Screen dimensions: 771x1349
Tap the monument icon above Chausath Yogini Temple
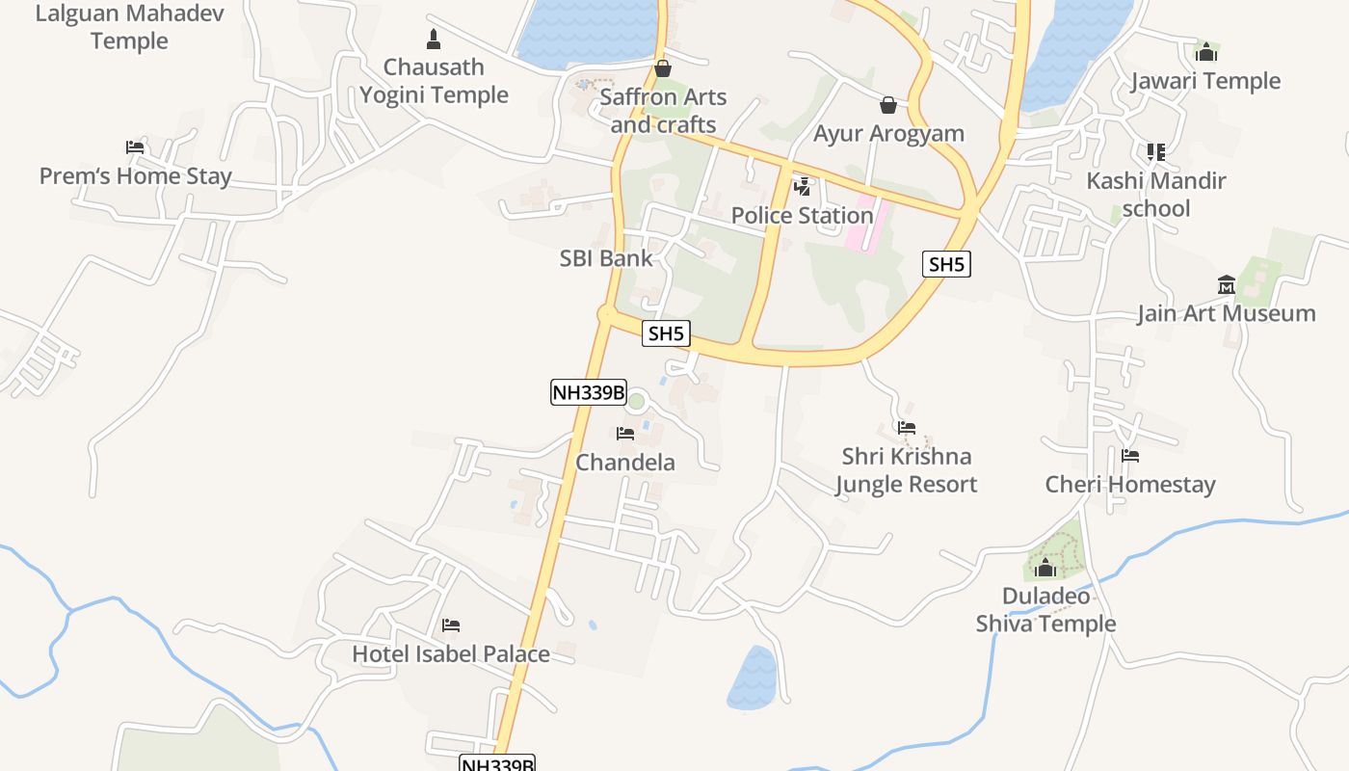coord(433,40)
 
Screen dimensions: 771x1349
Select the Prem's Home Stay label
coord(135,176)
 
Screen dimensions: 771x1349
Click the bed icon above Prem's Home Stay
coord(135,147)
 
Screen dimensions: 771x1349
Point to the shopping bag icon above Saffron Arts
coord(663,68)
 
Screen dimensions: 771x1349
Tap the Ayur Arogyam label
coord(888,133)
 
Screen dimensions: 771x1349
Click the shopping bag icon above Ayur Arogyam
coord(888,104)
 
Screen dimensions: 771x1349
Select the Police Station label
coord(802,215)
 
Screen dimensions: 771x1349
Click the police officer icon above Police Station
coord(802,186)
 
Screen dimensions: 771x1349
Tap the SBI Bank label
coord(606,258)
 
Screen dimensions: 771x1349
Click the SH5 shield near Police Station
coord(945,264)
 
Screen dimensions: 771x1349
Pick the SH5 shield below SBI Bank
coord(667,333)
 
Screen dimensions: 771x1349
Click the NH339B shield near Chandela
coord(588,392)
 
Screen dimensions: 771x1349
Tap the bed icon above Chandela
coord(625,434)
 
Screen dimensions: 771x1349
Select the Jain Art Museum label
coord(1226,313)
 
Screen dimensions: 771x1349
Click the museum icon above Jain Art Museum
coord(1226,284)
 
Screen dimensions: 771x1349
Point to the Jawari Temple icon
coord(1206,52)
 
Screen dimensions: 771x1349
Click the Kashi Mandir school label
coord(1155,195)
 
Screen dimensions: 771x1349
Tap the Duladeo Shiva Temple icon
coord(1045,568)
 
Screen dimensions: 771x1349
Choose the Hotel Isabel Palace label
coord(450,653)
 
